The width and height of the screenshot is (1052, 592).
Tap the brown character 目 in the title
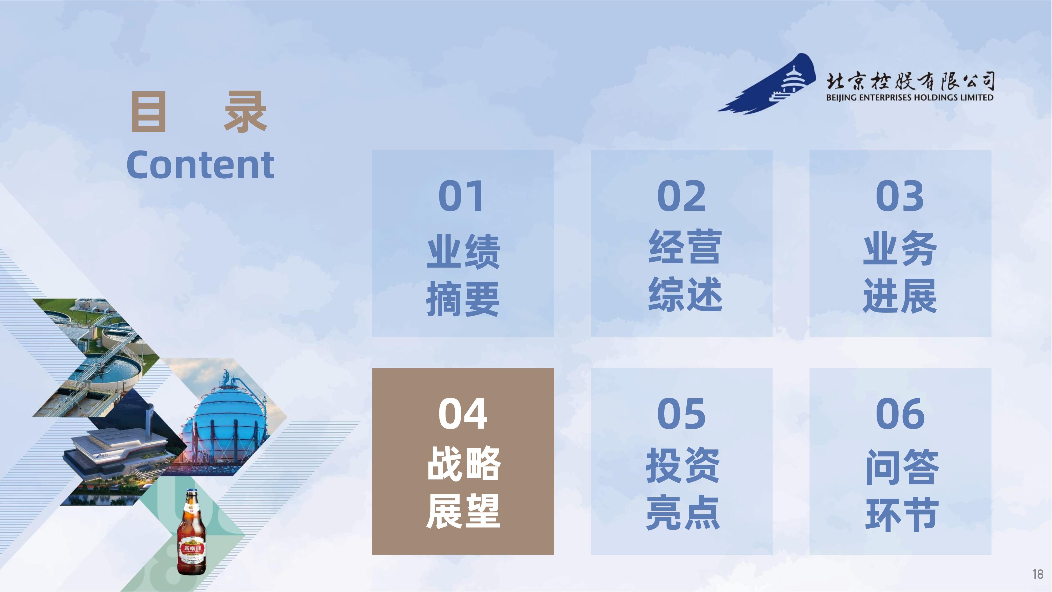[x=149, y=112]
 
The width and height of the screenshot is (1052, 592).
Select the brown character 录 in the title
[x=245, y=112]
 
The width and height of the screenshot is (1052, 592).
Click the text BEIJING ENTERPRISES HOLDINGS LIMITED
[x=909, y=97]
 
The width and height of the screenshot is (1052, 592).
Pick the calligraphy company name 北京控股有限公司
[x=910, y=81]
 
